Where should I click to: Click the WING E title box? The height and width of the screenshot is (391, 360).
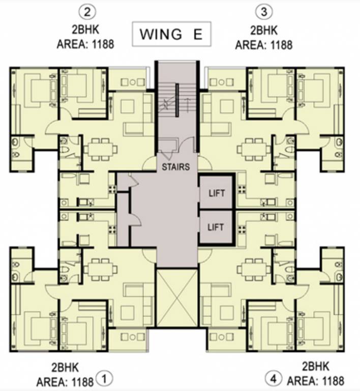171,35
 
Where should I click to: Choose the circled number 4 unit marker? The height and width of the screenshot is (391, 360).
274,379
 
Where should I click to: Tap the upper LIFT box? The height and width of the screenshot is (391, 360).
216,192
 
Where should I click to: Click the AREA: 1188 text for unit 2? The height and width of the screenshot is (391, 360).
85,44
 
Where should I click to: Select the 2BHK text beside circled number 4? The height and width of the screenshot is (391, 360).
315,367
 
